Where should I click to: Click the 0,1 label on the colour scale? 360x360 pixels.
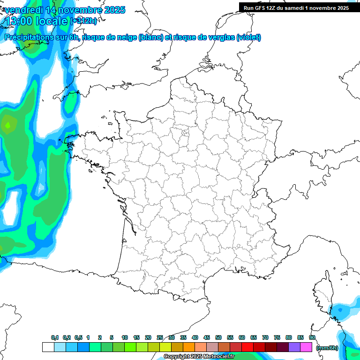(55, 338)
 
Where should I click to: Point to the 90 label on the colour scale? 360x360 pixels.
(312, 338)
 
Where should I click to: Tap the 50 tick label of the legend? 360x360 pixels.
(218, 338)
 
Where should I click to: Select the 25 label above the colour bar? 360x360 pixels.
(160, 338)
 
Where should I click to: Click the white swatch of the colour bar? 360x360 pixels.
(48, 347)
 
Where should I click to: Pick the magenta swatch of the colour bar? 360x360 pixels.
(306, 347)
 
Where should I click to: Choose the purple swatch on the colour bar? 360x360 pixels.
(294, 347)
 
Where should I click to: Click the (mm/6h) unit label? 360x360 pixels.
(327, 348)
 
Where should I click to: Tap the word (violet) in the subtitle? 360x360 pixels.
(248, 37)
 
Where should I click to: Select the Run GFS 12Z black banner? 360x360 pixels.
(296, 7)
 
